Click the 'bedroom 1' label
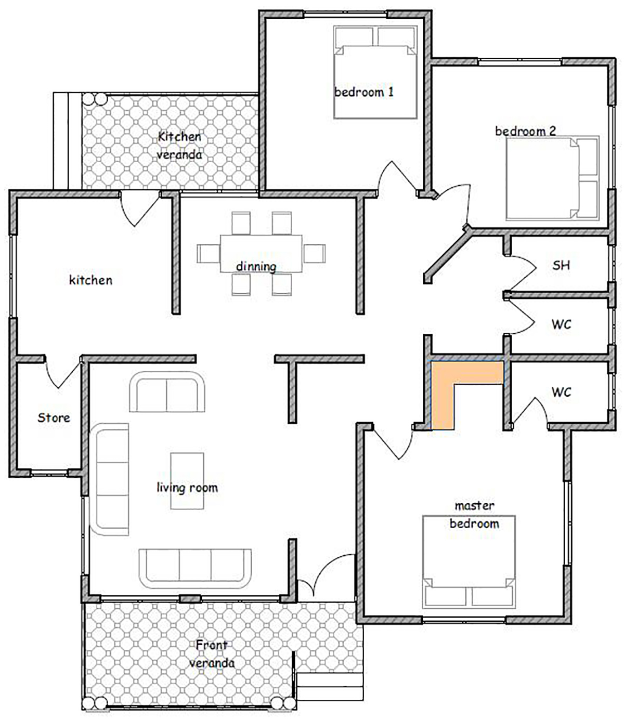(x=363, y=92)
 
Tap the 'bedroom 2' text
(x=525, y=131)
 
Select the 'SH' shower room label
(x=561, y=265)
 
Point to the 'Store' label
(x=54, y=417)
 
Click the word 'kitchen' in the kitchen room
(x=90, y=280)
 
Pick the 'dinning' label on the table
(x=256, y=266)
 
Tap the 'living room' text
(x=187, y=488)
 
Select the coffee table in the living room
(x=187, y=481)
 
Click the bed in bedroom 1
(x=375, y=72)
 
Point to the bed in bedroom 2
(x=552, y=178)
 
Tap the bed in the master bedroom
(x=469, y=561)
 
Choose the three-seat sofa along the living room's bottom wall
(x=195, y=569)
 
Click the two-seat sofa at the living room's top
(x=167, y=391)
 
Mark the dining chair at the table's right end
(x=315, y=253)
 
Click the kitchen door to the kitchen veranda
(x=139, y=208)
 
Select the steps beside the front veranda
(x=330, y=686)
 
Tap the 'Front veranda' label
(x=212, y=654)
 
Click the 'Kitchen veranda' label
(x=179, y=146)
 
